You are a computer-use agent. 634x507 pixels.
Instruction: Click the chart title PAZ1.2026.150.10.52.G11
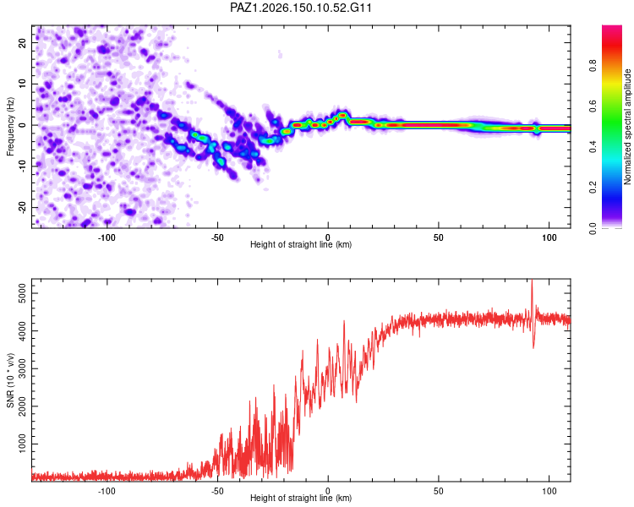pyautogui.click(x=300, y=8)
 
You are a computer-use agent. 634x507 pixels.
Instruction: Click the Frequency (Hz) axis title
pyautogui.click(x=10, y=127)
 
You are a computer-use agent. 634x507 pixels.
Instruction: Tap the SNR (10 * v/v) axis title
pyautogui.click(x=10, y=380)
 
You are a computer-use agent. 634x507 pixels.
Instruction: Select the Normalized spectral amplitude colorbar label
pyautogui.click(x=627, y=127)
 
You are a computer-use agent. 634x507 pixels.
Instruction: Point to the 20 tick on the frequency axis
pyautogui.click(x=22, y=42)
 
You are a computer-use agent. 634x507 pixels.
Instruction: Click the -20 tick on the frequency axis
pyautogui.click(x=22, y=207)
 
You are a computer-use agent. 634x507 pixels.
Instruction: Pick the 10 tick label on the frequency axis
pyautogui.click(x=22, y=84)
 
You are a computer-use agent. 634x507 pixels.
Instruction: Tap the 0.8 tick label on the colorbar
pyautogui.click(x=593, y=65)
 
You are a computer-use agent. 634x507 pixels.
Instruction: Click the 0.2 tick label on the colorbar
pyautogui.click(x=593, y=188)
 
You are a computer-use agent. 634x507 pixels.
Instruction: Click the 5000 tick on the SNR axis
pyautogui.click(x=22, y=293)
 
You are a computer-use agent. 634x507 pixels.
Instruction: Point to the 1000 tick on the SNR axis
pyautogui.click(x=22, y=444)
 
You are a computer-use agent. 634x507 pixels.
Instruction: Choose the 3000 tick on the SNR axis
pyautogui.click(x=22, y=368)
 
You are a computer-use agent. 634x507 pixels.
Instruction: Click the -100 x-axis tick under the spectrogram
pyautogui.click(x=107, y=237)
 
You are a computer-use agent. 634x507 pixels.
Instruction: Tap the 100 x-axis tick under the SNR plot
pyautogui.click(x=549, y=491)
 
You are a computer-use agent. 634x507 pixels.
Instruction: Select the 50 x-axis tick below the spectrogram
pyautogui.click(x=439, y=237)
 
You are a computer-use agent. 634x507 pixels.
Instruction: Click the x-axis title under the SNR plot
pyautogui.click(x=301, y=498)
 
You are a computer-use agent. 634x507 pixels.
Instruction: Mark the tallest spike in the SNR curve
pyautogui.click(x=532, y=281)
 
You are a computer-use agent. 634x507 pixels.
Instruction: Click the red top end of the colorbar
pyautogui.click(x=612, y=28)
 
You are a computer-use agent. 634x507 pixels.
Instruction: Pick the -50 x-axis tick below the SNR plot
pyautogui.click(x=217, y=491)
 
